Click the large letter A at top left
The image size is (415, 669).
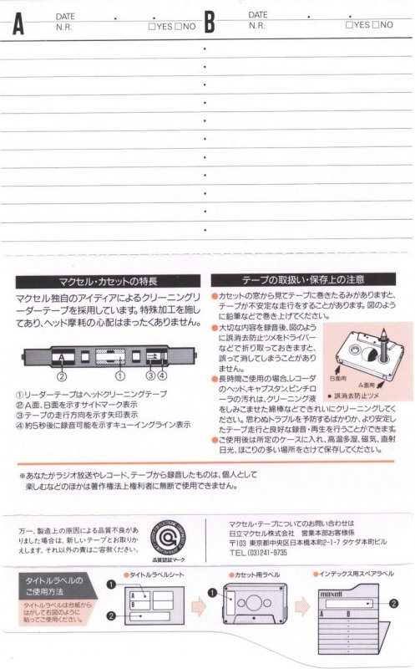tap(18, 25)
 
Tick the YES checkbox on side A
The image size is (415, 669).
tap(150, 27)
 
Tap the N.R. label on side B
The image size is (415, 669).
tap(257, 26)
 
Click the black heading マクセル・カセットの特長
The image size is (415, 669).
tap(109, 281)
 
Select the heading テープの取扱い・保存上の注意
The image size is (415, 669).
tap(302, 280)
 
